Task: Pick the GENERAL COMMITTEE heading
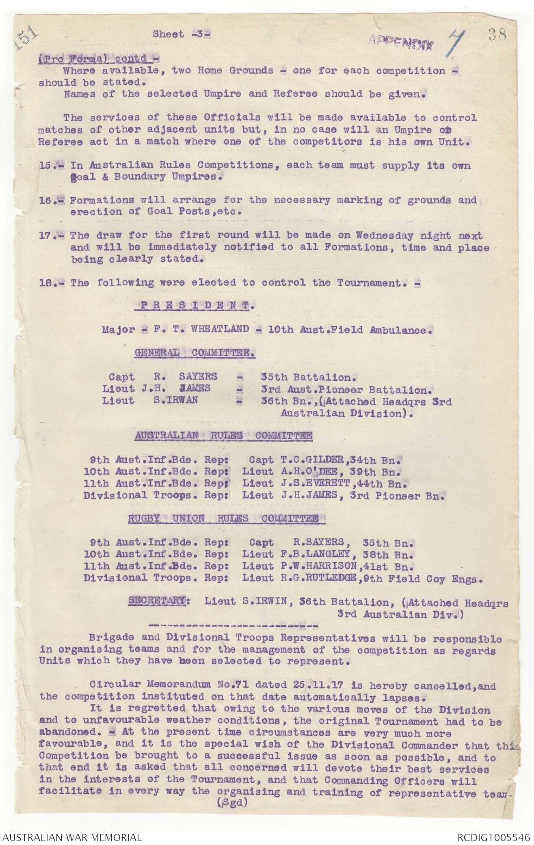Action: (195, 353)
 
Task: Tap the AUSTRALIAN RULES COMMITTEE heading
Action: (224, 435)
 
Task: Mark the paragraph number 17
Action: (49, 236)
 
